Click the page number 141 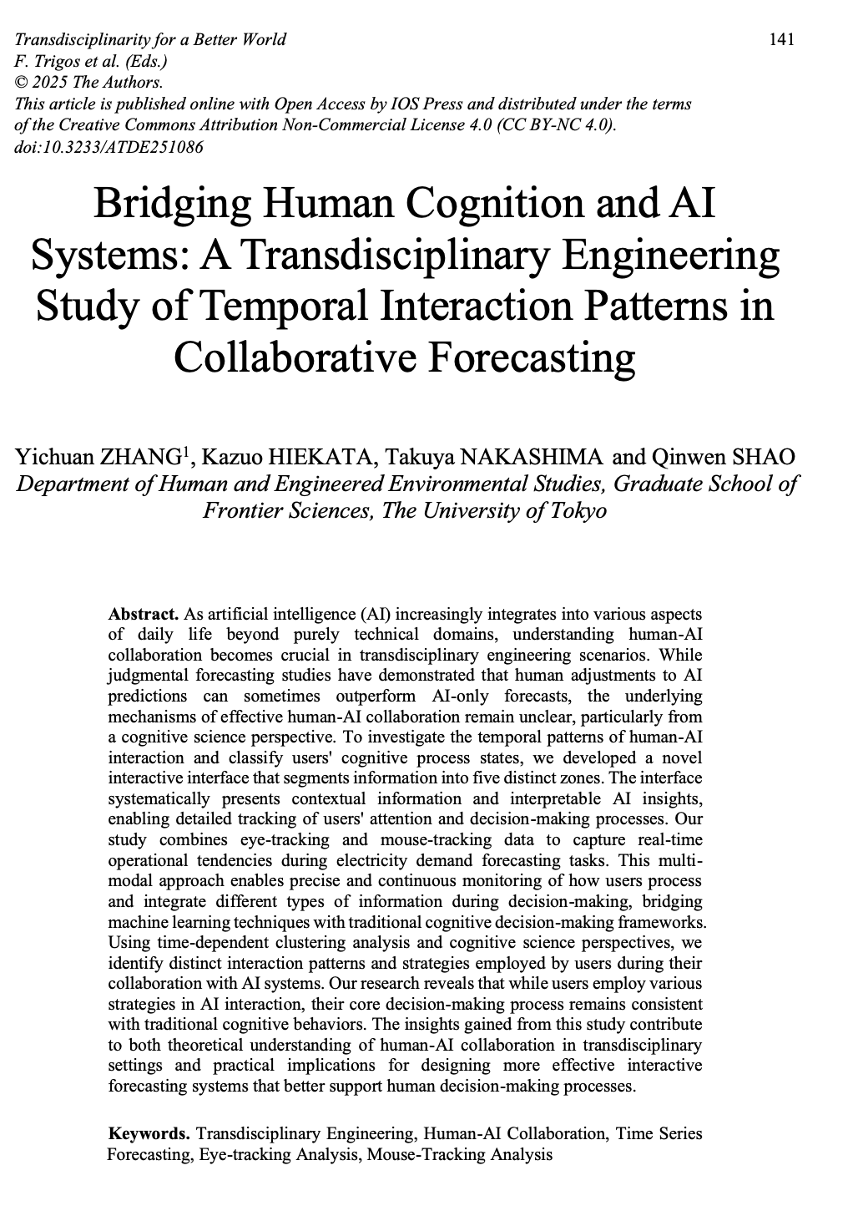[781, 39]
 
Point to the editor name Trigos [52, 61]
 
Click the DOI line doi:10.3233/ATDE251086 [109, 147]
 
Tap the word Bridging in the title [161, 204]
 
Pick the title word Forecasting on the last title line [532, 357]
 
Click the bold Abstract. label [144, 614]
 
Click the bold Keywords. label [149, 1134]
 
